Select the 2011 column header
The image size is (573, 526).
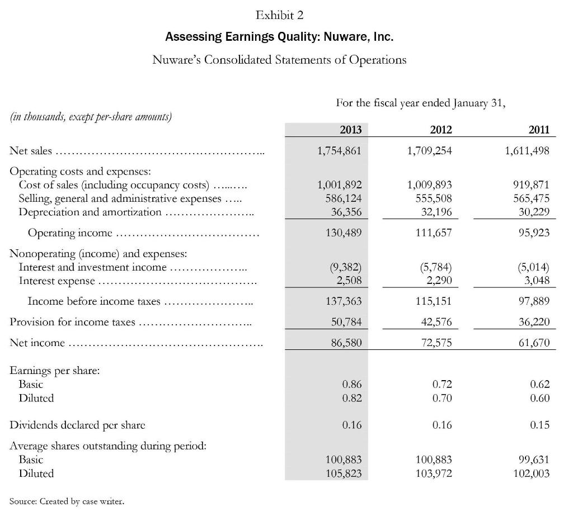[539, 130]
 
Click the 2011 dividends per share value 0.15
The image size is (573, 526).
[539, 425]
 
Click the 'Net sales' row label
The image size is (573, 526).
[31, 150]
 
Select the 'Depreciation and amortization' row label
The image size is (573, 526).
[90, 211]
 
